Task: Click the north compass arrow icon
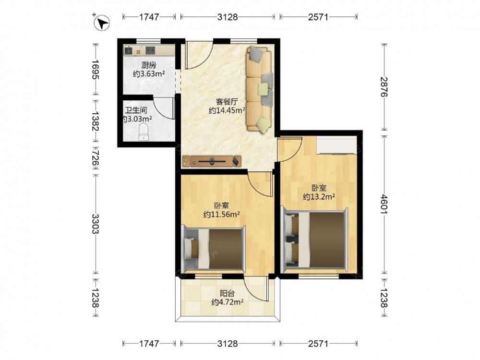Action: pyautogui.click(x=102, y=23)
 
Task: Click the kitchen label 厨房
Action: pyautogui.click(x=149, y=65)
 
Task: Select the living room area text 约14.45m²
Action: pyautogui.click(x=227, y=110)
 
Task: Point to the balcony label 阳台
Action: pyautogui.click(x=227, y=293)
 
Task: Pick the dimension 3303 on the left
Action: pyautogui.click(x=96, y=224)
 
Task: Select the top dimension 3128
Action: pyautogui.click(x=228, y=17)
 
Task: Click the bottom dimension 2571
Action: pyautogui.click(x=318, y=344)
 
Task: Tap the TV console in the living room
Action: pyautogui.click(x=212, y=161)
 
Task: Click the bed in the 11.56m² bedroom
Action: pyautogui.click(x=214, y=249)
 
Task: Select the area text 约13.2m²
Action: pyautogui.click(x=319, y=196)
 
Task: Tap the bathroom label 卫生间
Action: pyautogui.click(x=136, y=110)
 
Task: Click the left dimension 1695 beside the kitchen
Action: pyautogui.click(x=96, y=70)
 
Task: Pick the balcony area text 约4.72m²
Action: pyautogui.click(x=227, y=302)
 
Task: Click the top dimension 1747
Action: pyautogui.click(x=149, y=17)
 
